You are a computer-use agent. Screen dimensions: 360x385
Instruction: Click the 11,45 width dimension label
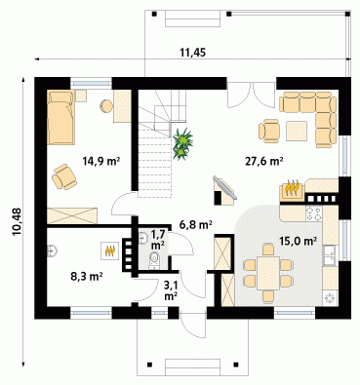coord(193,53)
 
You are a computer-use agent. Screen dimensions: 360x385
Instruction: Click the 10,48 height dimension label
coord(17,221)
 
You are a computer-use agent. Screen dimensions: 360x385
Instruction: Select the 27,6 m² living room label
coord(263,161)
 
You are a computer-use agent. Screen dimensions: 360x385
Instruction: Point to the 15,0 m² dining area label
coord(299,241)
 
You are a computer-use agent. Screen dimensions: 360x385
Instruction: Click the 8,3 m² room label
coord(87,277)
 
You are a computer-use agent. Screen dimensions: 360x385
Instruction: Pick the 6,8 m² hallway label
coord(196,224)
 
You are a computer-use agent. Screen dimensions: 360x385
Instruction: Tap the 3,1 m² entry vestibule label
coord(171,290)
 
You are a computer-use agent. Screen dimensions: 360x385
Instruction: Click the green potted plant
coord(182,144)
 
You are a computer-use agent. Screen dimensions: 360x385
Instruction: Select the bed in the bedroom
coord(60,117)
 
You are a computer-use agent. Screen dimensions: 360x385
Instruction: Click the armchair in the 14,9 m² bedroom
coord(64,177)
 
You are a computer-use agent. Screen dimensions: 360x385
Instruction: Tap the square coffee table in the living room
coord(297,131)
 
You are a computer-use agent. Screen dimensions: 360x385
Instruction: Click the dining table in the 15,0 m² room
coord(268,273)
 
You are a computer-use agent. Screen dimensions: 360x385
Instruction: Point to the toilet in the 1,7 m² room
coord(154,260)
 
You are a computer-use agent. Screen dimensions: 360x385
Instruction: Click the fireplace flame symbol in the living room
coord(292,189)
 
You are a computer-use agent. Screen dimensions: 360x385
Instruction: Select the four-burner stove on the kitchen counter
coord(313,213)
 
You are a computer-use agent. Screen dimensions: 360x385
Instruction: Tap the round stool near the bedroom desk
coord(106,106)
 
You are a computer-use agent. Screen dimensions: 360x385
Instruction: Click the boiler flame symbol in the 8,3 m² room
coord(109,250)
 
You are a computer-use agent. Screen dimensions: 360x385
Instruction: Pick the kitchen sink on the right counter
coord(331,255)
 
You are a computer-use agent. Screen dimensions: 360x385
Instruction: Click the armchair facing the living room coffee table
coord(269,132)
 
